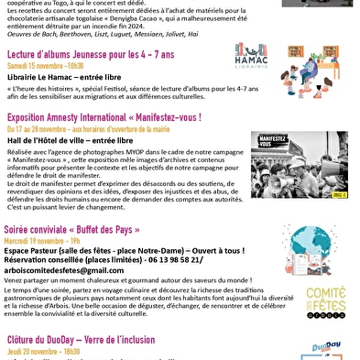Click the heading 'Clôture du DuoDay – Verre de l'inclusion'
(x=104, y=339)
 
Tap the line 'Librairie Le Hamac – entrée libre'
(x=63, y=79)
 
